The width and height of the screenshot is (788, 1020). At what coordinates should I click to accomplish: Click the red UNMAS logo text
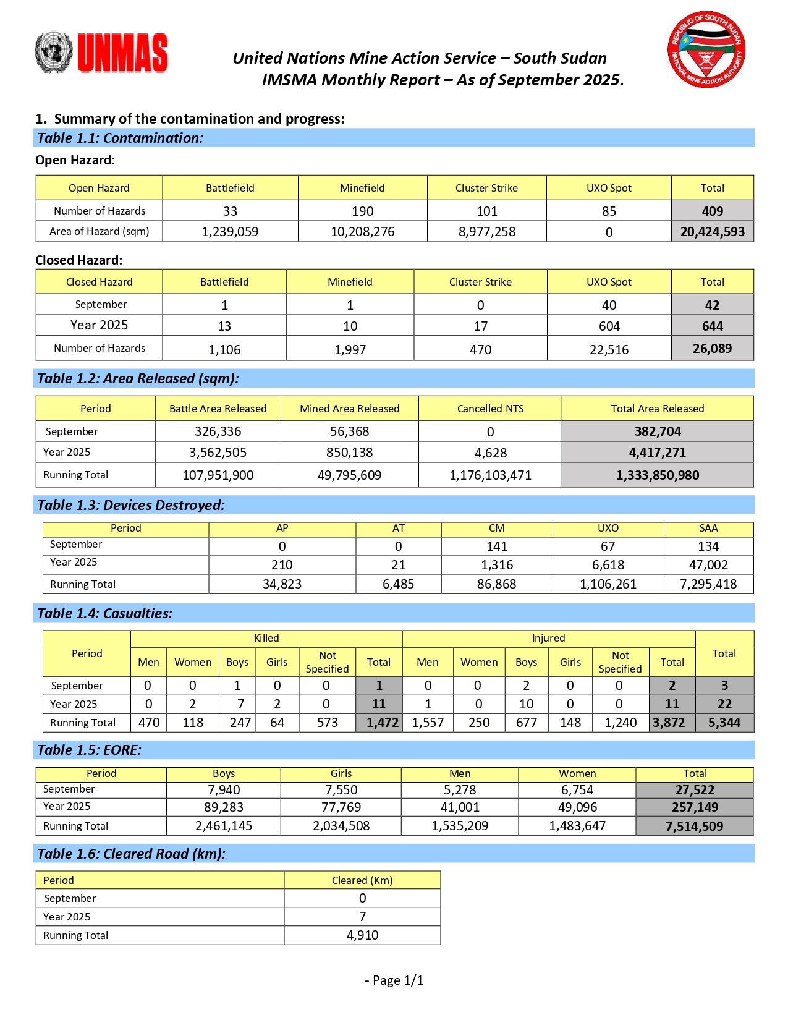click(122, 53)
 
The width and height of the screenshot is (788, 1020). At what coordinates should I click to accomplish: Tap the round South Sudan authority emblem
click(706, 49)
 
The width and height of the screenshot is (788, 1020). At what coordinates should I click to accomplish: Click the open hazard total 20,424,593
click(712, 232)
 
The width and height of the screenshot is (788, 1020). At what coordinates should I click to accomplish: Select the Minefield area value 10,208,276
click(362, 232)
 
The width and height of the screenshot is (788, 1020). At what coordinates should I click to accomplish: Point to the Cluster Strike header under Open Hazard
click(486, 188)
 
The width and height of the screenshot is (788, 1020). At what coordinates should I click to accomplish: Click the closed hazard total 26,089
click(712, 349)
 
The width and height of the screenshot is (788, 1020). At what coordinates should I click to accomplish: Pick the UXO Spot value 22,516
click(609, 350)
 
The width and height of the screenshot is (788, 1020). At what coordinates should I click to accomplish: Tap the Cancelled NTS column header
click(490, 409)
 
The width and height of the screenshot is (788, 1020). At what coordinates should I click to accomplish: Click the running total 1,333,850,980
click(657, 475)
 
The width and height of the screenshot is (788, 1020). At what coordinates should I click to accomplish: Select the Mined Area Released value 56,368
click(349, 431)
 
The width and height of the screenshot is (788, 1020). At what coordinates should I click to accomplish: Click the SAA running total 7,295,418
click(708, 584)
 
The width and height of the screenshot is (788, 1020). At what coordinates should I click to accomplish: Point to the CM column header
click(496, 529)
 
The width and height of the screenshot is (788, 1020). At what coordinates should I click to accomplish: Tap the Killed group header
click(266, 638)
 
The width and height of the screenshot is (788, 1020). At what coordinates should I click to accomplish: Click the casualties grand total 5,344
click(724, 723)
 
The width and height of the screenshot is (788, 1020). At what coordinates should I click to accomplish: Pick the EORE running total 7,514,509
click(694, 827)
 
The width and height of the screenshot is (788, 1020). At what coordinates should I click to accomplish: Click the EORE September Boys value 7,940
click(224, 790)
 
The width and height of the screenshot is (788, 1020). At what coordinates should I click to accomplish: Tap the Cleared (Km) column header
click(362, 880)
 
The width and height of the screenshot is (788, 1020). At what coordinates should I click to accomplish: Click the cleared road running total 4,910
click(362, 935)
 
